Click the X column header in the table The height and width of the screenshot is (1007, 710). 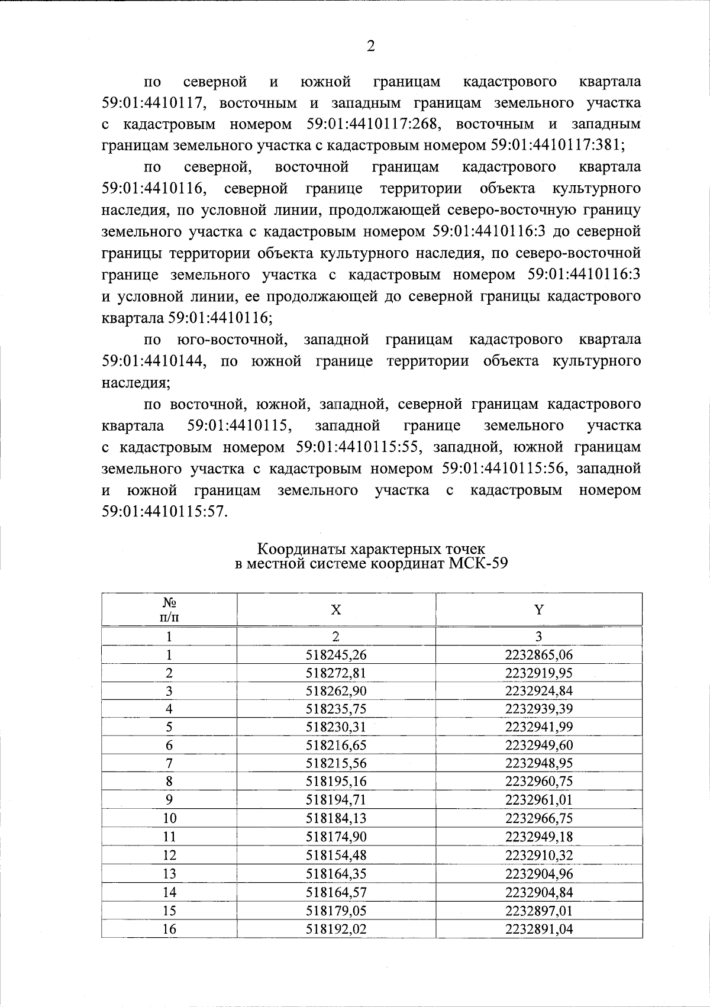point(335,610)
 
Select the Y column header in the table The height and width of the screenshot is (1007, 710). point(538,610)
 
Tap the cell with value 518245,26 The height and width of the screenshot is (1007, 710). point(335,655)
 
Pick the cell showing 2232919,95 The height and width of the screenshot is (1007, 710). point(538,673)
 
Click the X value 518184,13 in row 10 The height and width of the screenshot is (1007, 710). point(335,818)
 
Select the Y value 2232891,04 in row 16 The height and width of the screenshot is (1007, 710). point(538,929)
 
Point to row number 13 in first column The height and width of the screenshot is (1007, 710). point(169,874)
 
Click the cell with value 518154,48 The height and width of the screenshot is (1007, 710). point(335,856)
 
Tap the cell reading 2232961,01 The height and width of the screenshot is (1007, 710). point(538,800)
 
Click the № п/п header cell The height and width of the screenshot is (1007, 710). point(169,610)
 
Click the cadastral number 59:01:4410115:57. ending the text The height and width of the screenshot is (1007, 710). point(165,512)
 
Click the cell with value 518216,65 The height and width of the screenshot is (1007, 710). point(335,745)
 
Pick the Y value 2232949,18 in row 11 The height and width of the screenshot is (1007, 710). point(538,837)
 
